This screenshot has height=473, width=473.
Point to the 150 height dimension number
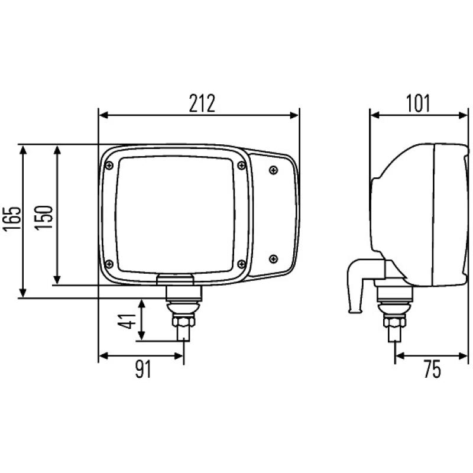click(x=46, y=216)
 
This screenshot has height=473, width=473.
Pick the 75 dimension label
click(x=432, y=370)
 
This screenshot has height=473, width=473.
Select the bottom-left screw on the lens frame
click(x=109, y=264)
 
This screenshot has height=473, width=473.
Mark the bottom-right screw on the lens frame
click(x=240, y=264)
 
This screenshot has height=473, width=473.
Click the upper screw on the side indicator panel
click(x=273, y=170)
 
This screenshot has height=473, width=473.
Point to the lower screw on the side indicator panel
click(x=273, y=258)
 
